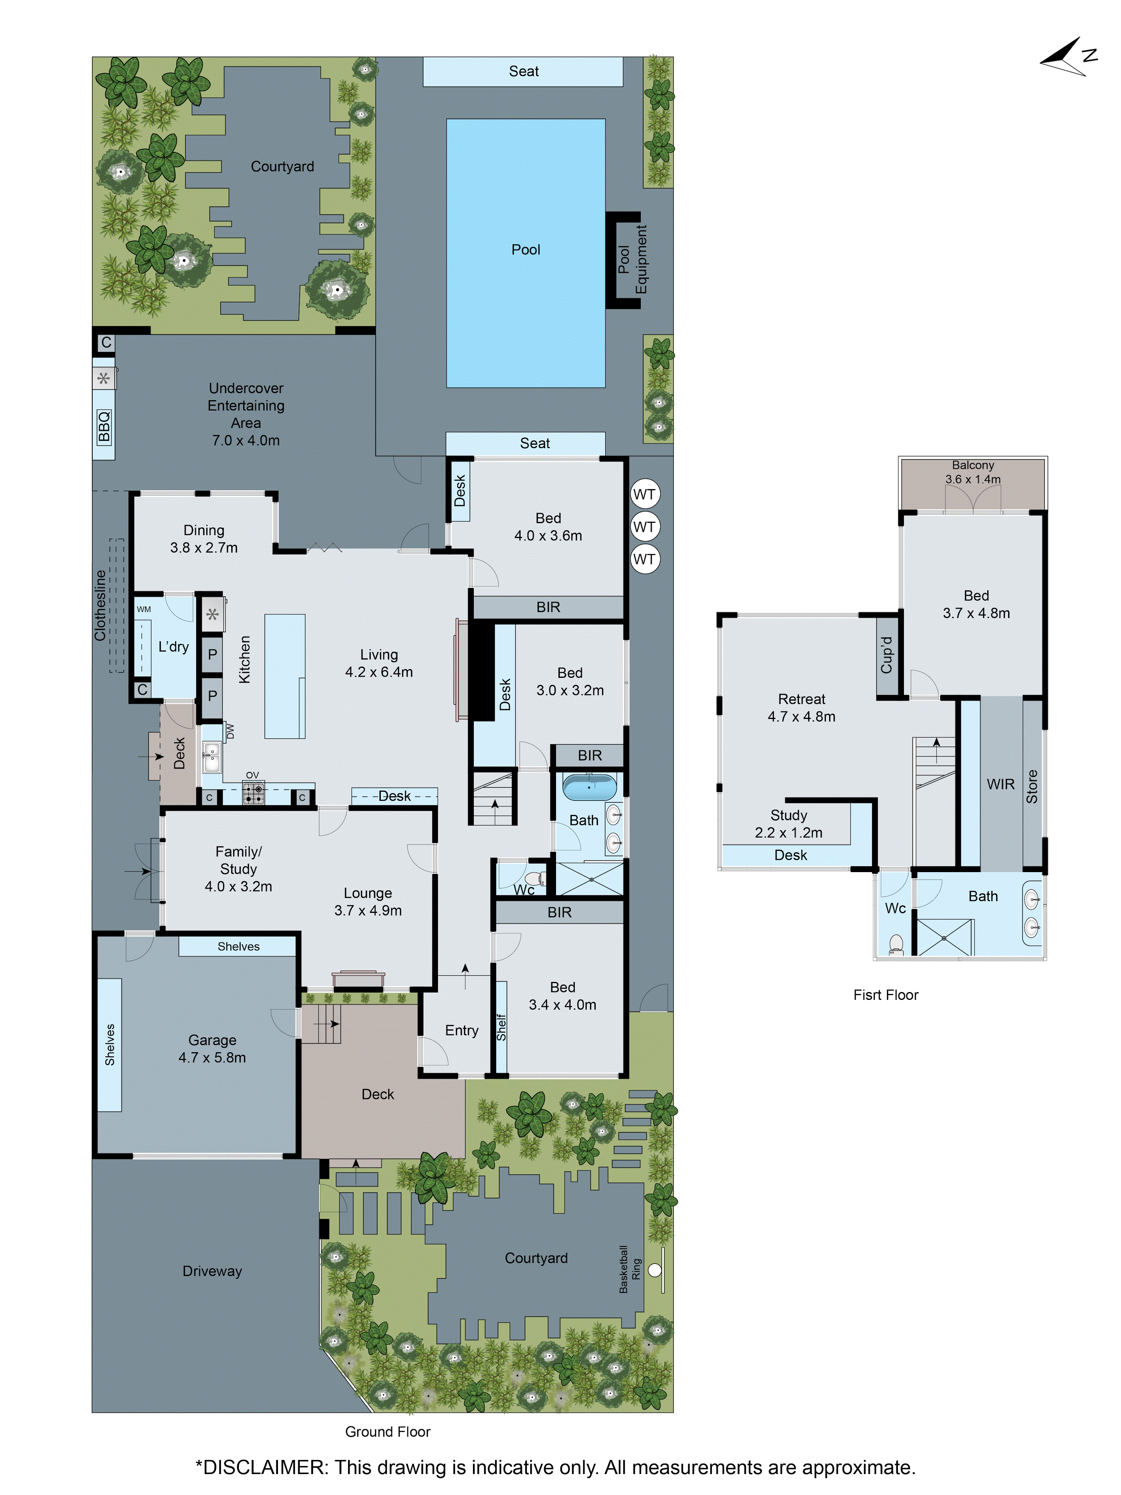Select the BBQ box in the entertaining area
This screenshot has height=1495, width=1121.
(104, 426)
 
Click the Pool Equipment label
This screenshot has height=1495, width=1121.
(633, 260)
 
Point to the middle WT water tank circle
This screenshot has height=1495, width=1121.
(644, 526)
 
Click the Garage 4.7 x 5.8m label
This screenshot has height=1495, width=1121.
(212, 1048)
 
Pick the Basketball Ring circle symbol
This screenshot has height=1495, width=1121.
(654, 1270)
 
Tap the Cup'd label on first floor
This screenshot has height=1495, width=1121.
(887, 654)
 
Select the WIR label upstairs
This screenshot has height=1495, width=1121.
(1000, 784)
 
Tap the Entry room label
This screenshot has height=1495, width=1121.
(461, 1030)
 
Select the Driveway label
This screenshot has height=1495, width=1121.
(212, 1270)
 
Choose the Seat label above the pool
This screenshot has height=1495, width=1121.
(523, 71)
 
